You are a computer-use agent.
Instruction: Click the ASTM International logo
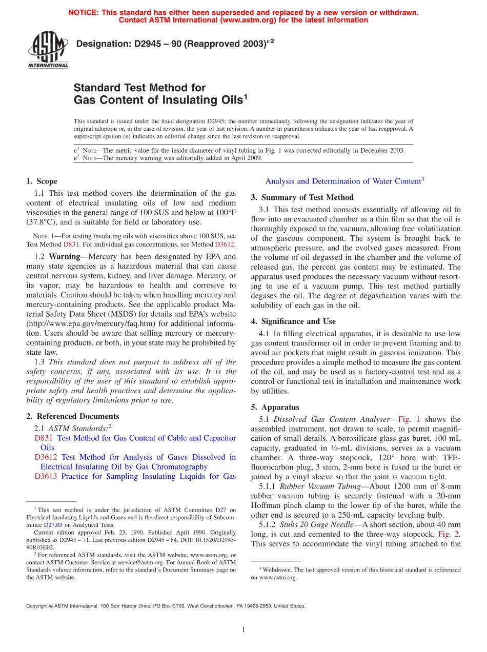(47, 50)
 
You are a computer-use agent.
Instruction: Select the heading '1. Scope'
(42, 181)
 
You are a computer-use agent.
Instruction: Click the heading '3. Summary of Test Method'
(302, 197)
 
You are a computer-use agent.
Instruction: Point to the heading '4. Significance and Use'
(293, 321)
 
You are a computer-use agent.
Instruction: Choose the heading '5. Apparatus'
(275, 407)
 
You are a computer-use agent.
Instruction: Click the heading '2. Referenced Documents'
(72, 416)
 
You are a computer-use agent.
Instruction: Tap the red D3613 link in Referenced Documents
(46, 476)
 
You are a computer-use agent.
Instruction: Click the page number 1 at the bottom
(243, 630)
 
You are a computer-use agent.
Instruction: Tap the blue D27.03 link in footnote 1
(53, 525)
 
